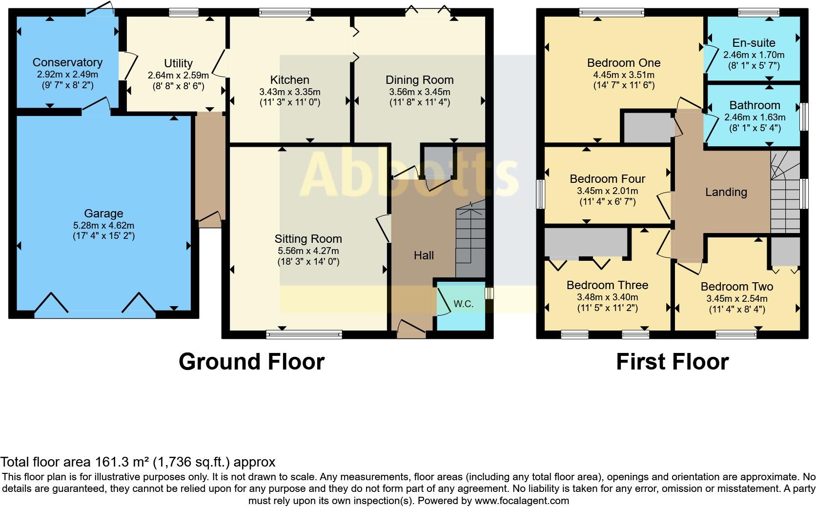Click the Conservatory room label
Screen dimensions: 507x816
click(67, 62)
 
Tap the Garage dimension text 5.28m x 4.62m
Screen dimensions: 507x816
click(103, 226)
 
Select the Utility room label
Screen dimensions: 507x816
click(178, 63)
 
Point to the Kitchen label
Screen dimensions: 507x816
click(289, 80)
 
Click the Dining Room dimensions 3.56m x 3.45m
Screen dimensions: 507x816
click(419, 92)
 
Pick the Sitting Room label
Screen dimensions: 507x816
click(308, 239)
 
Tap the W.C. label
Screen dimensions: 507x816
click(463, 304)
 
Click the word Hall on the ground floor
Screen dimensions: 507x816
click(424, 255)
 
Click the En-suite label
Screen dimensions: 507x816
click(754, 43)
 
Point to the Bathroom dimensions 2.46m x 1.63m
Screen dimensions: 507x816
click(755, 117)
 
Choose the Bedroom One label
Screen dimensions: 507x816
click(624, 63)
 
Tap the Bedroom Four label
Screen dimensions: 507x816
click(607, 179)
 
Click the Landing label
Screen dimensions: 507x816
click(726, 192)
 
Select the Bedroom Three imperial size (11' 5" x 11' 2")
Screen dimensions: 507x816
click(607, 308)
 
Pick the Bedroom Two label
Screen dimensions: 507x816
click(736, 287)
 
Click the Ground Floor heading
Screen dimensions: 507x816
click(251, 362)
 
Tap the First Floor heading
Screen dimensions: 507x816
click(672, 362)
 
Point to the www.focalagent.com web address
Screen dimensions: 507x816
click(522, 501)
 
